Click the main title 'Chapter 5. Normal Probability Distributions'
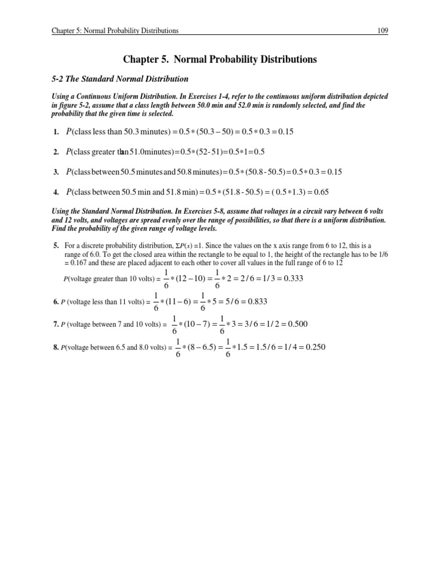pos(219,59)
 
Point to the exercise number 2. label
pos(56,152)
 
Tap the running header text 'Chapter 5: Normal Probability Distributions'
pos(113,30)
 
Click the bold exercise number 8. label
pos(56,347)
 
